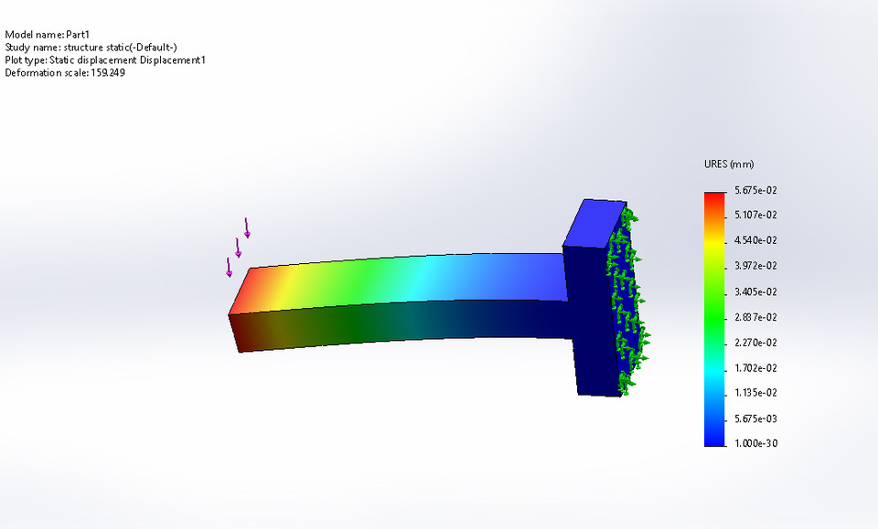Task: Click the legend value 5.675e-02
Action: (x=756, y=190)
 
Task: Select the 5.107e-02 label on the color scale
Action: (x=756, y=216)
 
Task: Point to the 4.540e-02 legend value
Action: (x=756, y=240)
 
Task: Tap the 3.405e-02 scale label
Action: (x=756, y=291)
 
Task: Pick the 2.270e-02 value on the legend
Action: (x=756, y=343)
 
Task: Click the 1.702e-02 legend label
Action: (x=756, y=367)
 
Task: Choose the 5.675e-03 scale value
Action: (x=756, y=418)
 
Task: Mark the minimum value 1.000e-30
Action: (x=756, y=443)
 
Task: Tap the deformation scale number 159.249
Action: (x=107, y=73)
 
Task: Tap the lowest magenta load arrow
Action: (x=229, y=268)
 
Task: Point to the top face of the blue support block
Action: (x=595, y=223)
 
